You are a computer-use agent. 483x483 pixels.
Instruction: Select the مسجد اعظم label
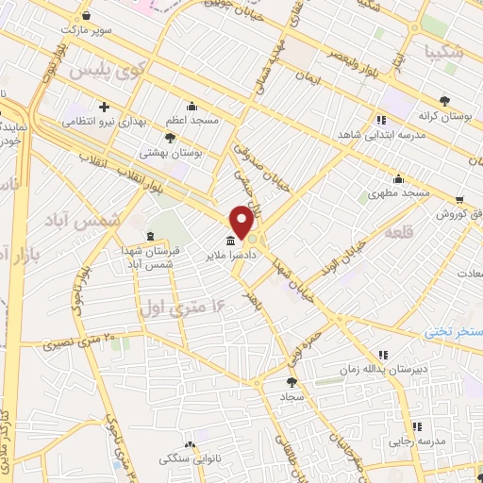(192, 121)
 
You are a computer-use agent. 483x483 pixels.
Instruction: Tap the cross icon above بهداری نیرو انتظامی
(104, 107)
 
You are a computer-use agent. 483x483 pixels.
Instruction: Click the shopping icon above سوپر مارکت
(87, 16)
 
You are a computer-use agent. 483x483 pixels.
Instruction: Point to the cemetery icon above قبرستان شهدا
(150, 234)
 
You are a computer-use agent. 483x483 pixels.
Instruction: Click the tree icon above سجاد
(291, 381)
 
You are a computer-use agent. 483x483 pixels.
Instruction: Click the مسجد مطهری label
(399, 192)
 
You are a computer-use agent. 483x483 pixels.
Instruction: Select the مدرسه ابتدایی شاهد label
(380, 134)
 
